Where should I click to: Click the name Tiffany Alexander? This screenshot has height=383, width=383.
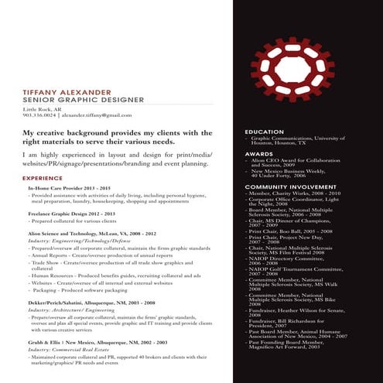pyautogui.click(x=67, y=92)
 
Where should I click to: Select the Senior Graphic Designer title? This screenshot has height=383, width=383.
pyautogui.click(x=73, y=100)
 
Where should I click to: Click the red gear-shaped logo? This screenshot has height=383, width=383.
pyautogui.click(x=298, y=70)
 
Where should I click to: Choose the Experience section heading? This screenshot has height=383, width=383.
pyautogui.click(x=43, y=178)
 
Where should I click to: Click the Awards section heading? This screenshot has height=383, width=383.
pyautogui.click(x=258, y=154)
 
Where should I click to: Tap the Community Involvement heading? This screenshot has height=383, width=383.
pyautogui.click(x=290, y=186)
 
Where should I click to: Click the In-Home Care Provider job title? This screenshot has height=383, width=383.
pyautogui.click(x=70, y=189)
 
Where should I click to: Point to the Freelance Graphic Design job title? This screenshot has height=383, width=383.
pyautogui.click(x=71, y=213)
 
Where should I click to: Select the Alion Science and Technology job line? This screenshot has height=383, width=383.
pyautogui.click(x=92, y=233)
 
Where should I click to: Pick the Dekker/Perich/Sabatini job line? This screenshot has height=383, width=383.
pyautogui.click(x=91, y=303)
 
